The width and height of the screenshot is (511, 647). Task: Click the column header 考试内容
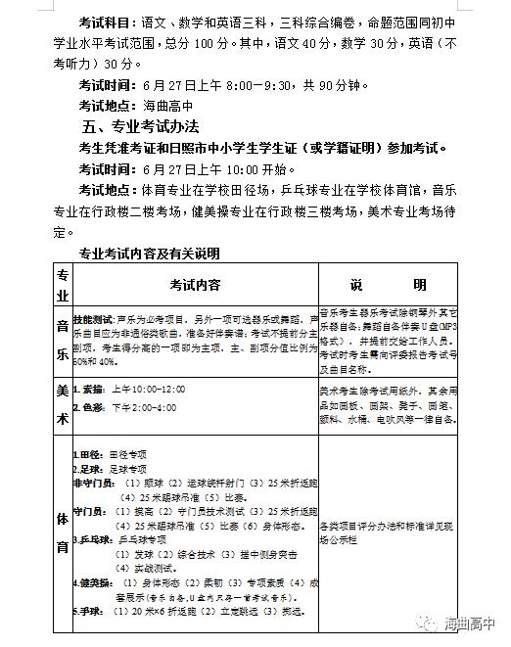(195, 285)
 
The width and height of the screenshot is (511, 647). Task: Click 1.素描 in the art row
(89, 390)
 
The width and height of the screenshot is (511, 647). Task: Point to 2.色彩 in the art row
(89, 407)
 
